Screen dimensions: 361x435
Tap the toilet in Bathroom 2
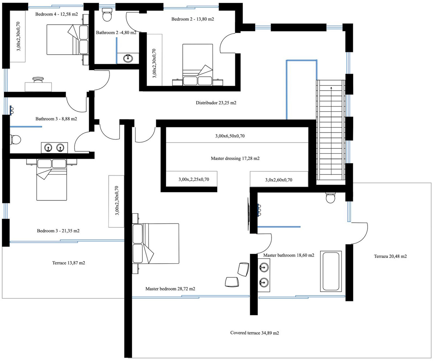107,15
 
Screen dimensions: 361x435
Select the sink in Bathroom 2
128,58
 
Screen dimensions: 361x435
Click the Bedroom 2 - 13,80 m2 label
192,19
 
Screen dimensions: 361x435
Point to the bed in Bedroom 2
198,65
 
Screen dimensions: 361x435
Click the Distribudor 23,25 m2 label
216,103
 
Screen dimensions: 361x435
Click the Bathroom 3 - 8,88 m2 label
56,119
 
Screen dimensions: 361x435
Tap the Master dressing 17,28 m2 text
235,158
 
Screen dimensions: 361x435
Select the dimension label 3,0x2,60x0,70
278,179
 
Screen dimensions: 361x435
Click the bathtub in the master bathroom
331,271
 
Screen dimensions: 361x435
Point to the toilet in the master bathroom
331,198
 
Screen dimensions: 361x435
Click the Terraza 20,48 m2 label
390,256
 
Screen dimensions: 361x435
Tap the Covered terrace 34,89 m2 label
254,333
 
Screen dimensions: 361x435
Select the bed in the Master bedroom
156,243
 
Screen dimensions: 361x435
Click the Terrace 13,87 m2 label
69,263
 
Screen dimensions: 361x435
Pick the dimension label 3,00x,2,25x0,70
194,179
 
